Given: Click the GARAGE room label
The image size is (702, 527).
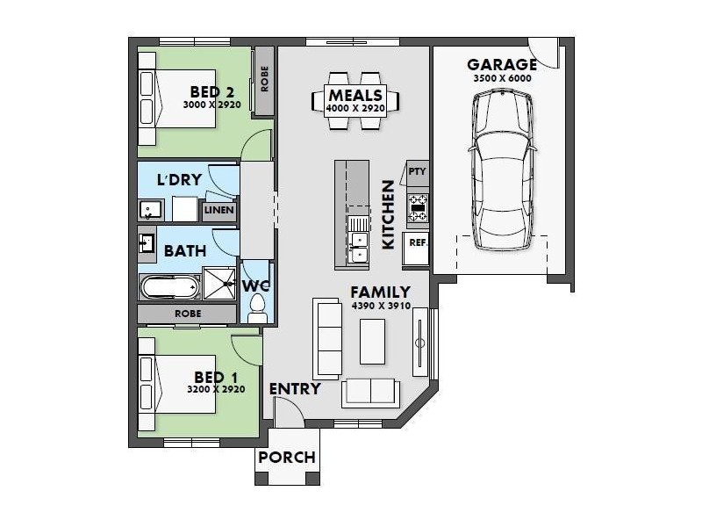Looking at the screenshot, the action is tap(502, 65).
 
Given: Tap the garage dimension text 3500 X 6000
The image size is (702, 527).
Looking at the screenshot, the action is tap(502, 78).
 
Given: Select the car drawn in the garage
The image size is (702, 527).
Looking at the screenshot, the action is tap(502, 170).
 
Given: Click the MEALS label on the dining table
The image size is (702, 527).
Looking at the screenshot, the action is tap(355, 95).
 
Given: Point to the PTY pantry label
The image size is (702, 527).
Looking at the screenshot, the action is tap(418, 171).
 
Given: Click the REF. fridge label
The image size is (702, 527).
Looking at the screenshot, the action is tap(419, 243).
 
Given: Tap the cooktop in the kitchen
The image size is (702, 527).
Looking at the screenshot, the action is tap(418, 208).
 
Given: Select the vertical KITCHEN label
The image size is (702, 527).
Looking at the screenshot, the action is tap(388, 214).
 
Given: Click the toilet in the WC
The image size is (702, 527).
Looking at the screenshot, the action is tap(257, 308).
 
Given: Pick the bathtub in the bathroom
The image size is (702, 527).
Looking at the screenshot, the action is tap(169, 287).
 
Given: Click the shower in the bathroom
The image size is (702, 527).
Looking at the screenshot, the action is tap(218, 283).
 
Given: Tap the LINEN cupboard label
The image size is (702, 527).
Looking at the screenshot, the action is tap(218, 210).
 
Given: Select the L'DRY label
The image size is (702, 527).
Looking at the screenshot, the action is tap(179, 180).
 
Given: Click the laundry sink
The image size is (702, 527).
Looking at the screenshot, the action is tap(150, 210).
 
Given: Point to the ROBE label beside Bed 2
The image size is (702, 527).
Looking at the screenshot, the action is tap(264, 79).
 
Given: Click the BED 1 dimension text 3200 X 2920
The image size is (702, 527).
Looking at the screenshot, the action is tap(216, 389).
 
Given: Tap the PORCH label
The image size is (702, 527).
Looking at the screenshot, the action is tap(287, 458).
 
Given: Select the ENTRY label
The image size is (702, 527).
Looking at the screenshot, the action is tap(295, 389).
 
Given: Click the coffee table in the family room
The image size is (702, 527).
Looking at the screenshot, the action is tap(372, 342).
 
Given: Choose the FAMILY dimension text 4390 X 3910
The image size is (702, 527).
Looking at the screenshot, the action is tap(381, 306).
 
